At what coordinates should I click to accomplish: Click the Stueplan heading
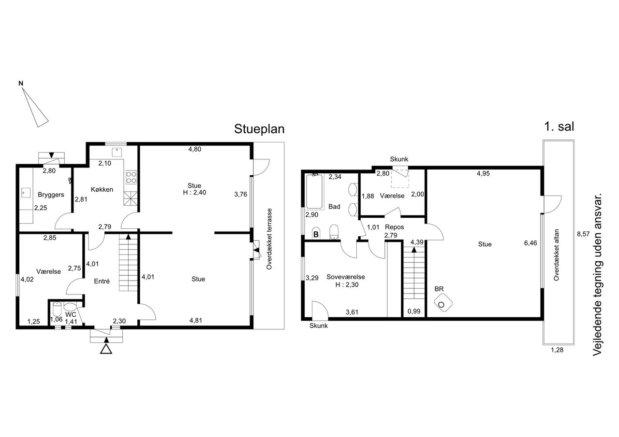click(259, 129)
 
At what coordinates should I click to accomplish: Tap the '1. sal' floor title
click(559, 127)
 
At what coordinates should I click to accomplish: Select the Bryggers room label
click(51, 195)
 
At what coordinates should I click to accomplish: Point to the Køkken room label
click(102, 189)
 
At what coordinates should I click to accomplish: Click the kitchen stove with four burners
click(131, 177)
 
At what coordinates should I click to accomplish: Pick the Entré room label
click(102, 281)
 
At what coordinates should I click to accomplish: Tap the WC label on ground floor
click(71, 315)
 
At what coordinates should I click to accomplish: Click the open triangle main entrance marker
click(106, 350)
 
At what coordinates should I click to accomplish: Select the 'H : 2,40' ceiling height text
click(194, 192)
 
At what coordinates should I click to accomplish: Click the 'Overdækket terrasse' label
click(269, 239)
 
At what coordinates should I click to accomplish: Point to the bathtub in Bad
click(314, 191)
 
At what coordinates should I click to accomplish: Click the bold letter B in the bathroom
click(316, 235)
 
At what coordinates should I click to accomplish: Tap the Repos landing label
click(394, 227)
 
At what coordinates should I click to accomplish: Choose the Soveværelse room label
click(346, 277)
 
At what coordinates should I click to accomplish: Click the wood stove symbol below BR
click(443, 303)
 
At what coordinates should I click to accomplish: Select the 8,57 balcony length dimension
click(583, 234)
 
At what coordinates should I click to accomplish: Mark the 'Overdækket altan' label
click(556, 255)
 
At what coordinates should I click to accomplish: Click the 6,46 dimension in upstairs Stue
click(531, 243)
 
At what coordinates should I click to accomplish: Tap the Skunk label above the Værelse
click(399, 159)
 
